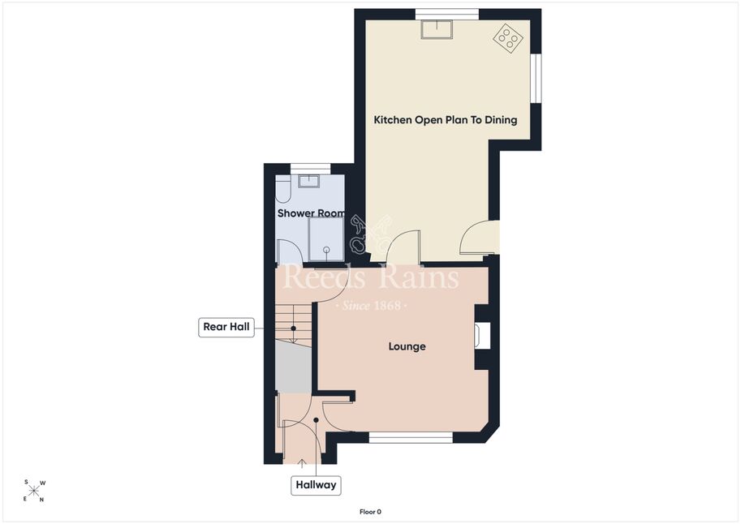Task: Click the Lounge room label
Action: tap(407, 346)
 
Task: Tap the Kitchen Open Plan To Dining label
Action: tap(445, 119)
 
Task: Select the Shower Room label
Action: tap(311, 213)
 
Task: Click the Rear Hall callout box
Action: tap(226, 327)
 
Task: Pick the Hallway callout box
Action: tap(316, 485)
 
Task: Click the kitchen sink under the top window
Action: tap(437, 29)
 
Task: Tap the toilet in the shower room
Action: tap(282, 190)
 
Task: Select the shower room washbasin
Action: tap(309, 181)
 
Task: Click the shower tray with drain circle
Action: tap(325, 239)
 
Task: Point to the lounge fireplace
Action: tap(482, 336)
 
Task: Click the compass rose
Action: tap(34, 491)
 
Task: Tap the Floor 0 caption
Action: tap(370, 512)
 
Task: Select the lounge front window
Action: tap(411, 438)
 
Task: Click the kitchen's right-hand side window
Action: tap(536, 78)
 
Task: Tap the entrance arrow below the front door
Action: tap(302, 463)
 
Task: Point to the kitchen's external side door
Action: tap(480, 238)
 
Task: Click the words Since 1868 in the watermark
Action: tap(370, 306)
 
